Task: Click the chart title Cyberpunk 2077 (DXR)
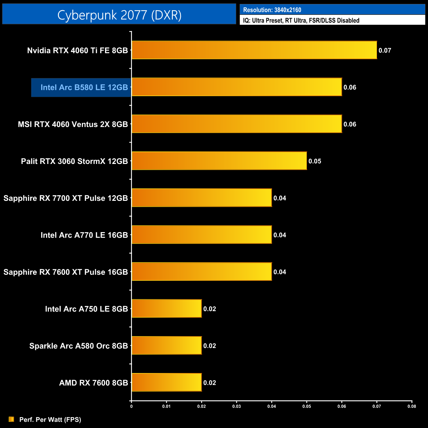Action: (x=119, y=15)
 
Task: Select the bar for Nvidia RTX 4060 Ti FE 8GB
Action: (x=254, y=50)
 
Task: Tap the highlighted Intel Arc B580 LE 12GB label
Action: (x=84, y=87)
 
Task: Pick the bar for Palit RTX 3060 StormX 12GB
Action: (x=219, y=161)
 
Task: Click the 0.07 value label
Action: (x=385, y=50)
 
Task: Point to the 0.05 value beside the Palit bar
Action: (x=314, y=161)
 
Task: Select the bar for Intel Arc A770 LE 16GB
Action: (x=202, y=235)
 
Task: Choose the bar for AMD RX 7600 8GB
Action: (x=167, y=382)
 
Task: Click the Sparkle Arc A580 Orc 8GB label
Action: (x=78, y=346)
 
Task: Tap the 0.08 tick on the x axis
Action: (x=412, y=406)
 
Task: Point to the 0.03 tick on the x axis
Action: (x=236, y=406)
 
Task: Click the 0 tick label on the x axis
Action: (x=131, y=406)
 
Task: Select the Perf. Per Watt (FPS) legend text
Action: (x=50, y=419)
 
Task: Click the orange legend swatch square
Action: (x=12, y=419)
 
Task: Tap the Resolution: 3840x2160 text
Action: (x=272, y=10)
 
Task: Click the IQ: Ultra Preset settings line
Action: (x=301, y=20)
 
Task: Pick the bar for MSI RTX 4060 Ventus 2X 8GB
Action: (x=237, y=124)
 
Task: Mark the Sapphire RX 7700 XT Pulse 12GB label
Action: (x=66, y=198)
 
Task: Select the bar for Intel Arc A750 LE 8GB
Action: (x=167, y=308)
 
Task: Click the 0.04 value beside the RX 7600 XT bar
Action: (x=280, y=272)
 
